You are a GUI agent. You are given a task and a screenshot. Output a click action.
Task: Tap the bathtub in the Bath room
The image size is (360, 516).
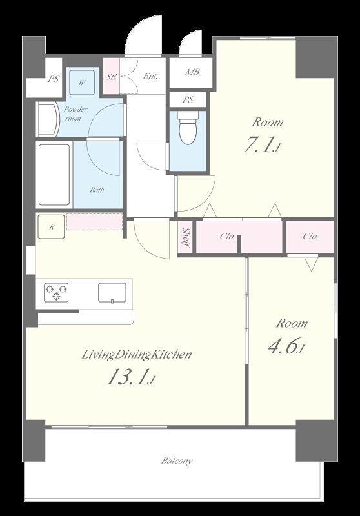tap(54, 175)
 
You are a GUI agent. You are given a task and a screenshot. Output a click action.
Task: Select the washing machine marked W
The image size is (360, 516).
tap(82, 83)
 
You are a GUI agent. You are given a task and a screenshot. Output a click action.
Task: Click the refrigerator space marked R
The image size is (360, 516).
tap(52, 226)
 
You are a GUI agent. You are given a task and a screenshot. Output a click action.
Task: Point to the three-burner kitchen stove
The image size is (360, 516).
tap(56, 292)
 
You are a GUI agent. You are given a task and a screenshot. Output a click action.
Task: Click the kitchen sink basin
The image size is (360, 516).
tap(112, 293)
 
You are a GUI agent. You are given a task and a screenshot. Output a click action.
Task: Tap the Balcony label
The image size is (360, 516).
tap(177, 461)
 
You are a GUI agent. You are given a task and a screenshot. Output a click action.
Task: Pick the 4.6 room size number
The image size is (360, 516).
tap(286, 346)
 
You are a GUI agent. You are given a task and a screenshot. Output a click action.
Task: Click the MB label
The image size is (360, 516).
tap(192, 72)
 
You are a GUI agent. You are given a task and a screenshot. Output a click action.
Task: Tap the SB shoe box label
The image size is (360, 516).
tap(111, 76)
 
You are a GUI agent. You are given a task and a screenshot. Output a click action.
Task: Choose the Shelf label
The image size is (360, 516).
tap(186, 237)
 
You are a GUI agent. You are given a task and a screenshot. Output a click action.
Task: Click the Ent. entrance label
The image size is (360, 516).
tap(150, 76)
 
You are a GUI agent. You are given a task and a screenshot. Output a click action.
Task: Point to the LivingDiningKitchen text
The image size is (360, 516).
tap(137, 354)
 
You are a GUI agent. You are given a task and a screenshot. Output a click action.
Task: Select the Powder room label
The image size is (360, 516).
tap(75, 114)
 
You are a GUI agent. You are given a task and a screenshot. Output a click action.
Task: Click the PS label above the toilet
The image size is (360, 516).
tap(188, 99)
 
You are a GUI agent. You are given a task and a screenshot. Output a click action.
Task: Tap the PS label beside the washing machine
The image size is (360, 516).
tap(54, 79)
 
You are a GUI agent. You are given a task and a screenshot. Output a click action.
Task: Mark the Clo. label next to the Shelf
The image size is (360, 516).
tap(227, 236)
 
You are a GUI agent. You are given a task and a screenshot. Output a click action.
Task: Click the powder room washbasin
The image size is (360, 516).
tap(48, 119)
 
